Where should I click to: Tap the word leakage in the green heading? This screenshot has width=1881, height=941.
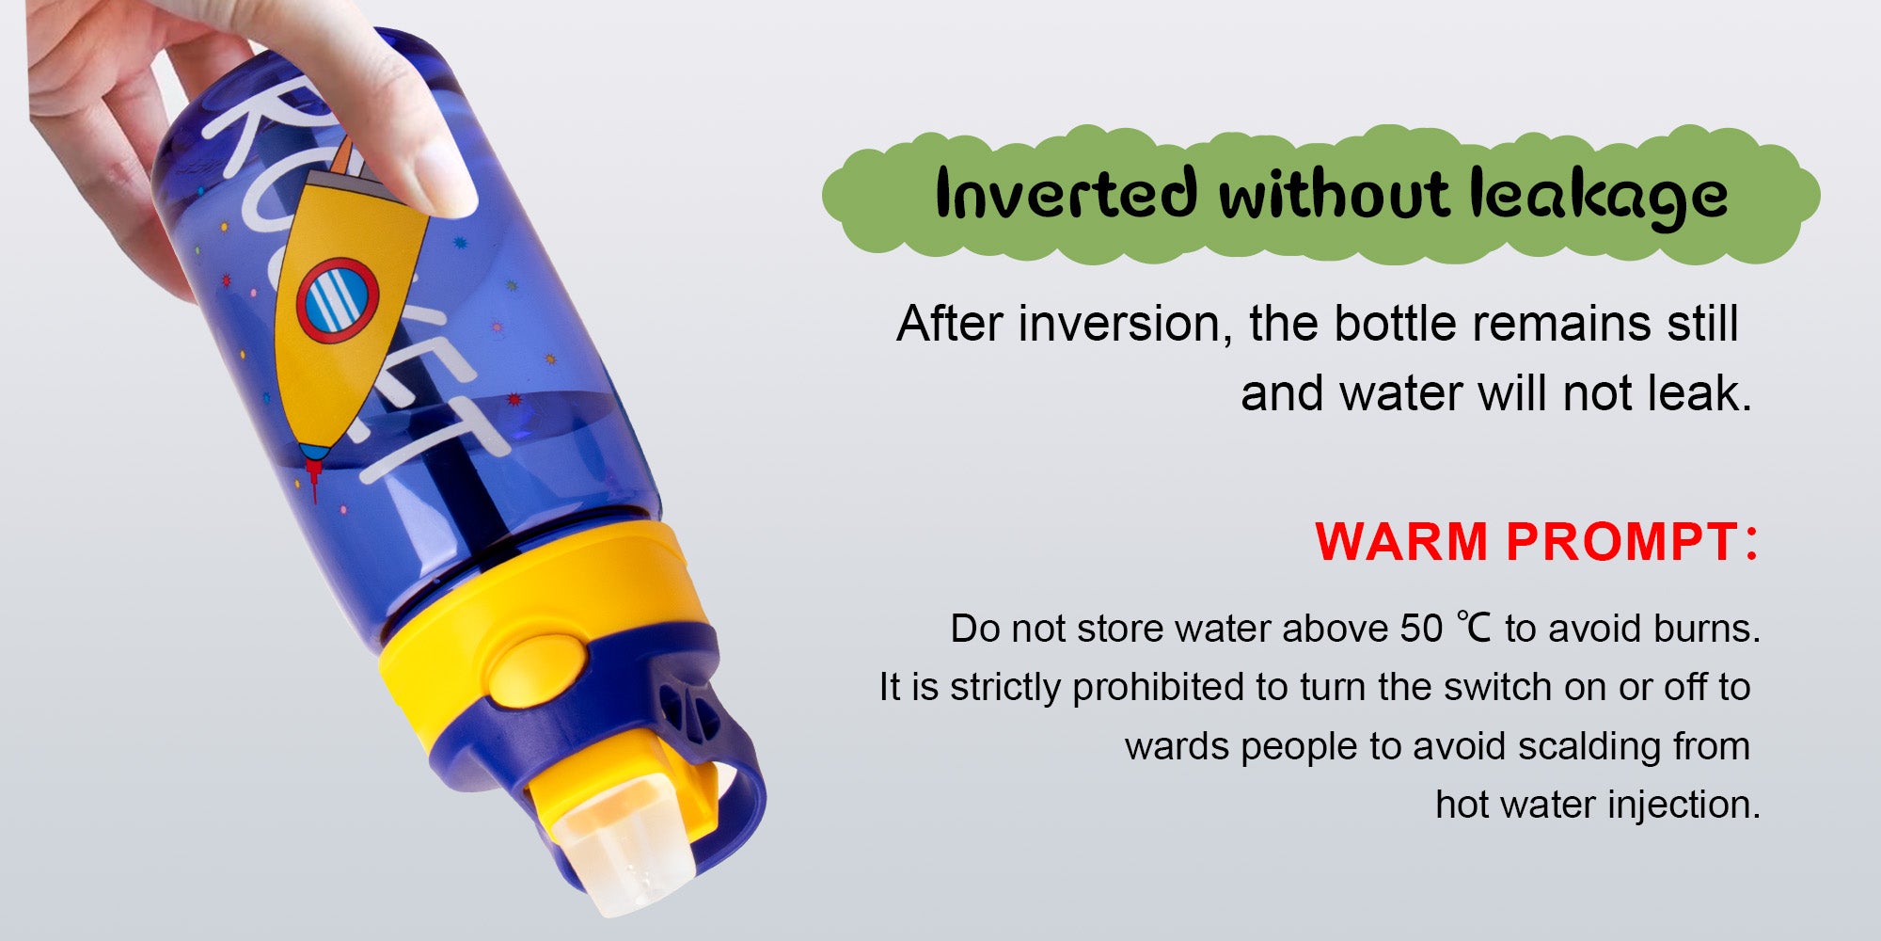point(1599,198)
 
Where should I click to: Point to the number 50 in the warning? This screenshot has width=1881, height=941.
point(1420,629)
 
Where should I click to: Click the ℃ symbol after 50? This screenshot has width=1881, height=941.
point(1473,628)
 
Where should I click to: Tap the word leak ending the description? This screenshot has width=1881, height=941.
point(1699,393)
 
